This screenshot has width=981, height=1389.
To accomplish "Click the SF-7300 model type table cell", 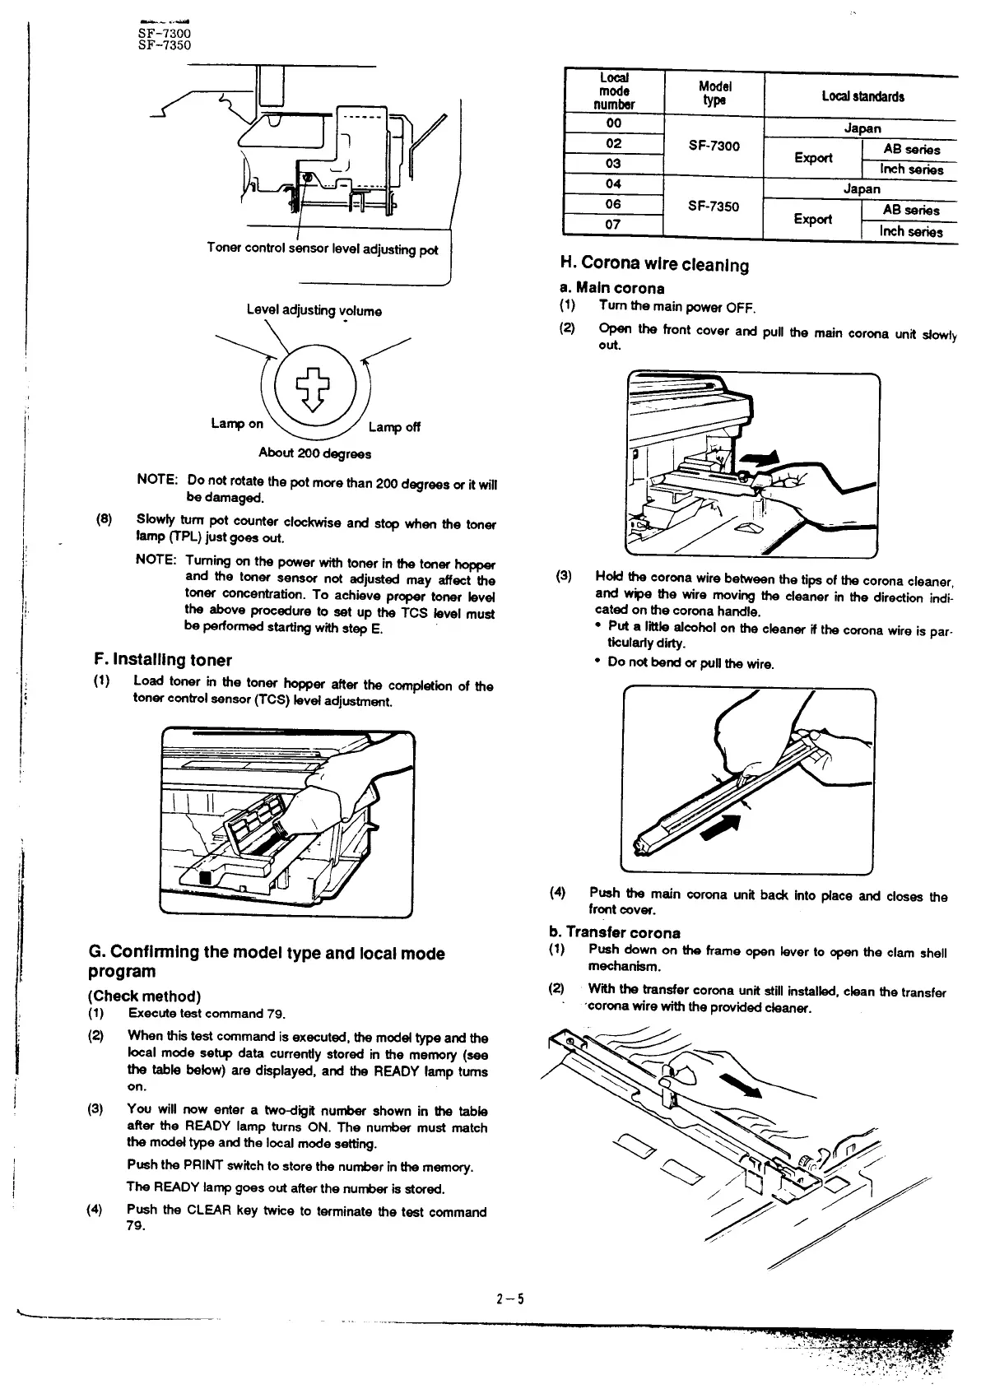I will [x=713, y=146].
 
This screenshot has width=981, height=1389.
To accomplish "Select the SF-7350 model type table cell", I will [x=713, y=206].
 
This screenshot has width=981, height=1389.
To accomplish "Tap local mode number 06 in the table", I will [x=613, y=204].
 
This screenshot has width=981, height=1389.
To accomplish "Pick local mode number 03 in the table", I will [x=613, y=164].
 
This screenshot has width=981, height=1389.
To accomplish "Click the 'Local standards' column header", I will [x=862, y=96].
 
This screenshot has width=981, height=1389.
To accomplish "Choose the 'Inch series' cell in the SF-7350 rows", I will [x=910, y=231].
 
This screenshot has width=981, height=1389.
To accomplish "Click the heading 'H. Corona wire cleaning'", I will [x=654, y=264].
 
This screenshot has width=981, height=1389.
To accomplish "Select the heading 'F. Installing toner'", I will [x=164, y=660].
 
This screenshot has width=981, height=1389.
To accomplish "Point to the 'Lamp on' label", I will [x=237, y=423].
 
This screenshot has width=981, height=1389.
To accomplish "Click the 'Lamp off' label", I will [x=394, y=426].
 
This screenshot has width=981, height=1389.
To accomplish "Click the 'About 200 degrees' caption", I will [x=314, y=453].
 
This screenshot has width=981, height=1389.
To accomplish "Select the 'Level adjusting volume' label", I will [x=314, y=310].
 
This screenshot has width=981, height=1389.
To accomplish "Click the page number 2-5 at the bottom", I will [x=509, y=1299].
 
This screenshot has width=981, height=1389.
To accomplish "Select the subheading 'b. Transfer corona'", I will [x=615, y=932].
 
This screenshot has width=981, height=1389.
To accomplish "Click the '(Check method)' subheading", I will [x=144, y=996].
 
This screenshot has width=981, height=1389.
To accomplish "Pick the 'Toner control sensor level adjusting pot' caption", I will [x=323, y=249].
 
